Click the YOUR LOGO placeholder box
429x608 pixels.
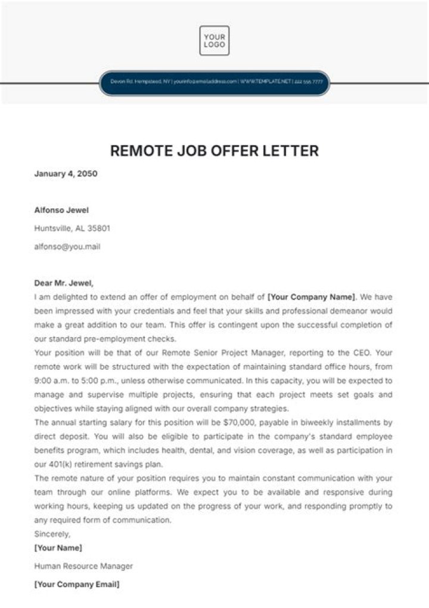point(214,41)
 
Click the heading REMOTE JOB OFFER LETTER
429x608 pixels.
point(214,150)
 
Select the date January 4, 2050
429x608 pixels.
point(66,174)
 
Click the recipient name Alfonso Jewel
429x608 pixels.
point(62,210)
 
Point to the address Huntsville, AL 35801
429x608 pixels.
point(72,228)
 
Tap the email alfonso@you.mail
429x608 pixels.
point(67,246)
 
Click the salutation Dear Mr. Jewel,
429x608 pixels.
point(64,283)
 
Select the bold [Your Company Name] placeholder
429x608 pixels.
point(312,297)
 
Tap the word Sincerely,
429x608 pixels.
point(52,534)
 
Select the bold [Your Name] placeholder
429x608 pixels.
point(58,548)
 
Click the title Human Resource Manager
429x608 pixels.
point(83,566)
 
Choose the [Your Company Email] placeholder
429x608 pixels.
point(77,585)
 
